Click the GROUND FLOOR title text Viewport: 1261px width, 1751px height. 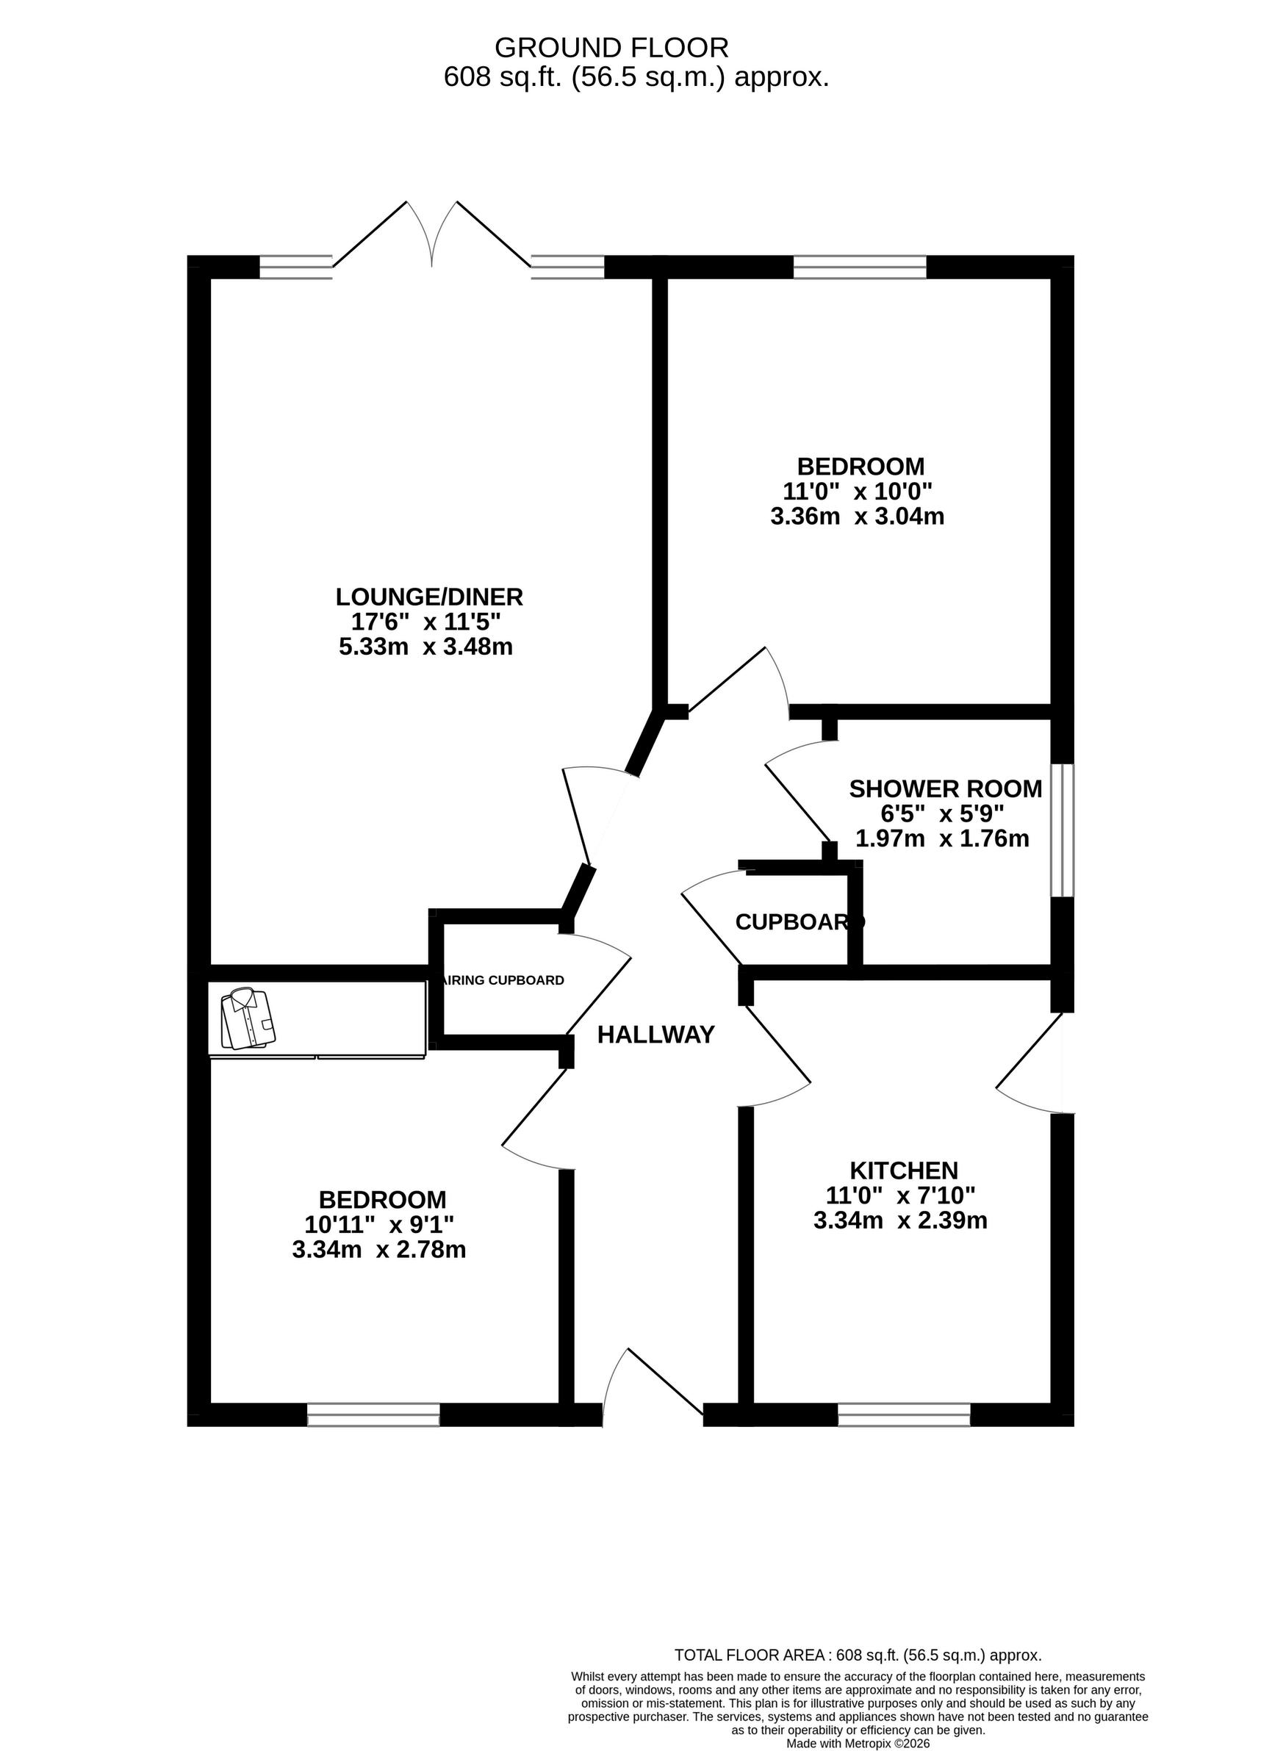click(611, 48)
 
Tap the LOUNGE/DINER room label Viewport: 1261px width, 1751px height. click(429, 596)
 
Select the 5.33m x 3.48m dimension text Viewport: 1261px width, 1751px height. click(425, 646)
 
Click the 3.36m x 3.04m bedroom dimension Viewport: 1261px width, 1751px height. click(857, 516)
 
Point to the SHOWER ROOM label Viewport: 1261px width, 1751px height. click(945, 788)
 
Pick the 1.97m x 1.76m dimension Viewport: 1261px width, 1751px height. click(942, 838)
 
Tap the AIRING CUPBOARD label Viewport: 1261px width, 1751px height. click(503, 980)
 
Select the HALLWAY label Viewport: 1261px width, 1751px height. click(655, 1035)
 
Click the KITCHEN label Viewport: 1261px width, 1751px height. click(903, 1170)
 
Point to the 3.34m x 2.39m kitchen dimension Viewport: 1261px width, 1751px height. click(900, 1220)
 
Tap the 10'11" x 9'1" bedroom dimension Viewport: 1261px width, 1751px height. click(379, 1223)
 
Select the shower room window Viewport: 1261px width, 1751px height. click(1063, 831)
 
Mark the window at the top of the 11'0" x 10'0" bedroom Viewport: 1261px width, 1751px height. click(860, 266)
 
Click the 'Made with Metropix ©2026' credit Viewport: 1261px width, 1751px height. click(858, 1743)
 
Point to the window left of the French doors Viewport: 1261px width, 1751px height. click(295, 266)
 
